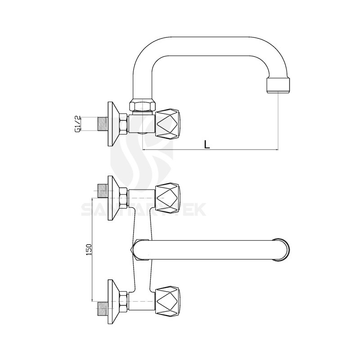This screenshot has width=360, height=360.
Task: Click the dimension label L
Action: tap(207, 144)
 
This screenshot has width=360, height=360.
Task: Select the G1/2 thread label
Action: tap(77, 124)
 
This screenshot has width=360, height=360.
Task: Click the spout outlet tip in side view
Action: tap(279, 85)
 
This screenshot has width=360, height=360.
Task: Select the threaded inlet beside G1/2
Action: tap(103, 124)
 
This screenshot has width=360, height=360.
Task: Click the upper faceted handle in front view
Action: tap(168, 198)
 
